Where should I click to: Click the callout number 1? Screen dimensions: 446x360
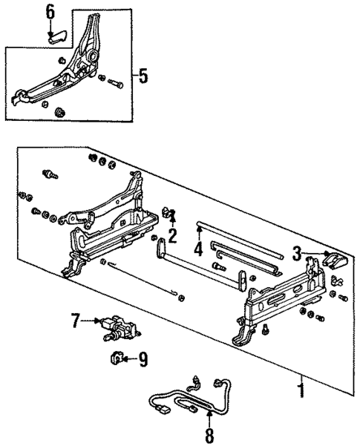click(301, 387)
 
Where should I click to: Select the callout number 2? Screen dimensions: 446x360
click(172, 236)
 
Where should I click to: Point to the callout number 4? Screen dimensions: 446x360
click(198, 249)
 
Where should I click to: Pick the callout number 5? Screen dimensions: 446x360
click(143, 76)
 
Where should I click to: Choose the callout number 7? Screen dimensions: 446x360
click(75, 321)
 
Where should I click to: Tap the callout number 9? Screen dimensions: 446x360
click(143, 361)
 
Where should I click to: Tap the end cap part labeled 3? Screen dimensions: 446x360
click(336, 261)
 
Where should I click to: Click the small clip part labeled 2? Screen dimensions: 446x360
click(169, 215)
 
